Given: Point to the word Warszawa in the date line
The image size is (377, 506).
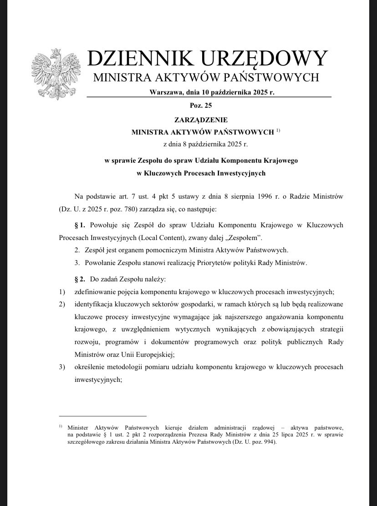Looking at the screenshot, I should coord(165,92).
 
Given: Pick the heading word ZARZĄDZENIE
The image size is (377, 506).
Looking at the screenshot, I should coord(200,120).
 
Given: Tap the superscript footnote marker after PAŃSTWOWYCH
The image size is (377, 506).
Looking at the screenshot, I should coord(278,131).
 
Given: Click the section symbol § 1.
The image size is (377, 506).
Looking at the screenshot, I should coord(80,225).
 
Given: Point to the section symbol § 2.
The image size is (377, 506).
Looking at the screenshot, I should coord(80,278).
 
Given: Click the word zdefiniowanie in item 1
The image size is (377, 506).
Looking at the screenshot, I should coord(96,291).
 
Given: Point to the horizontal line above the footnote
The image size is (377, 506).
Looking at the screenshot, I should coord(102,416).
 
